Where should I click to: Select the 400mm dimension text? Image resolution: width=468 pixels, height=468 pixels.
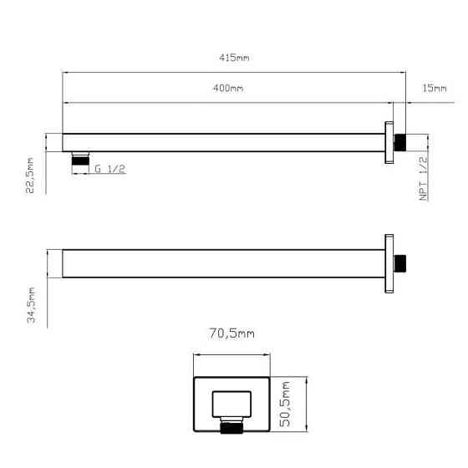coord(229,89)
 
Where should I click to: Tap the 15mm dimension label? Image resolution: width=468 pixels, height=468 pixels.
coord(435,89)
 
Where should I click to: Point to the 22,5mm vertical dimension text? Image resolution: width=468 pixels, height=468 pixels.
coord(31,176)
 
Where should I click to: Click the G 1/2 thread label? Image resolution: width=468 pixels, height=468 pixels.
coord(109,169)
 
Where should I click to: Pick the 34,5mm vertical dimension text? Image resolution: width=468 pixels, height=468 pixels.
coord(31,307)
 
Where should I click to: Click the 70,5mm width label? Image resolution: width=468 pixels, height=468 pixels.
coord(231,333)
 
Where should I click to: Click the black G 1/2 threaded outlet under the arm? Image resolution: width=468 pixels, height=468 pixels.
coord(80,159)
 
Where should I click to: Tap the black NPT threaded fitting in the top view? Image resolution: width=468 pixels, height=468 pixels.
coord(401,141)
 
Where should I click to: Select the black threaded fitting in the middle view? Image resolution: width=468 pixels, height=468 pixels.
coord(401,263)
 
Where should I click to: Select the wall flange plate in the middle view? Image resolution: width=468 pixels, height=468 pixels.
coord(389,263)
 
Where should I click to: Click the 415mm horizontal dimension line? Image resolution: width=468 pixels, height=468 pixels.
coord(234,73)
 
